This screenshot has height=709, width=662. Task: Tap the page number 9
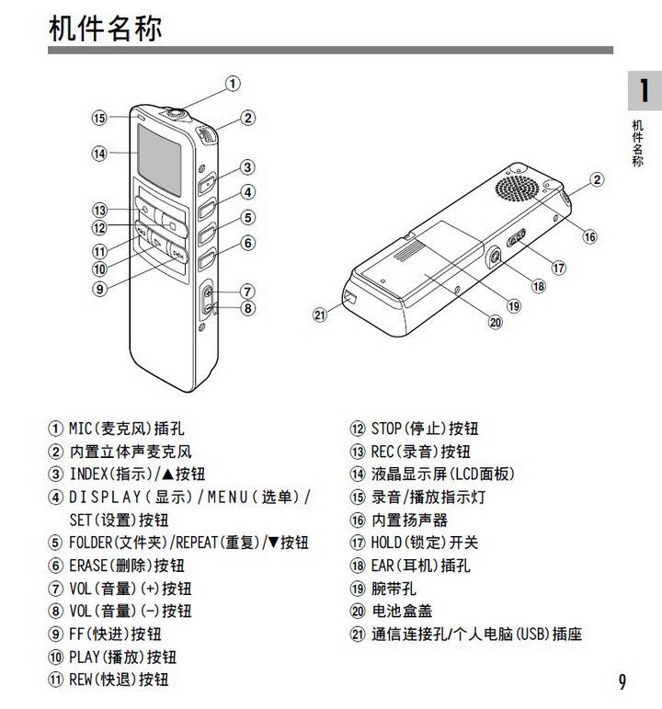[x=622, y=681]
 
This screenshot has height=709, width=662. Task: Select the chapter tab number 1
[x=644, y=91]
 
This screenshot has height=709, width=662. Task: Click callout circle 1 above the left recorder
[x=234, y=84]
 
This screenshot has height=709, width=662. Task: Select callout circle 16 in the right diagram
[x=589, y=236]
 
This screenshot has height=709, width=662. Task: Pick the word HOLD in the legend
[x=387, y=543]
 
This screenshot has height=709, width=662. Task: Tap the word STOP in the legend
[x=387, y=429]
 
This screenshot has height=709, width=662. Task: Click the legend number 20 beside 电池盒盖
[x=358, y=612]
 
